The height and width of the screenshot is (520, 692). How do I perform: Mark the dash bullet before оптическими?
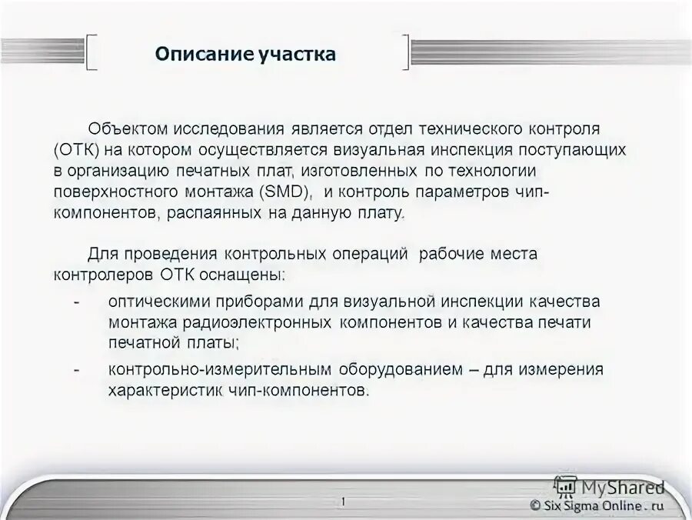coord(77,302)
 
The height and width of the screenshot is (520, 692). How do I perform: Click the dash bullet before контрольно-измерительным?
coord(77,369)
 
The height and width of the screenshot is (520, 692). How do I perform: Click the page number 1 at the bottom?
coord(343,502)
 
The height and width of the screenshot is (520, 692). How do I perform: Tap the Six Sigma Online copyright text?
coord(596,505)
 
